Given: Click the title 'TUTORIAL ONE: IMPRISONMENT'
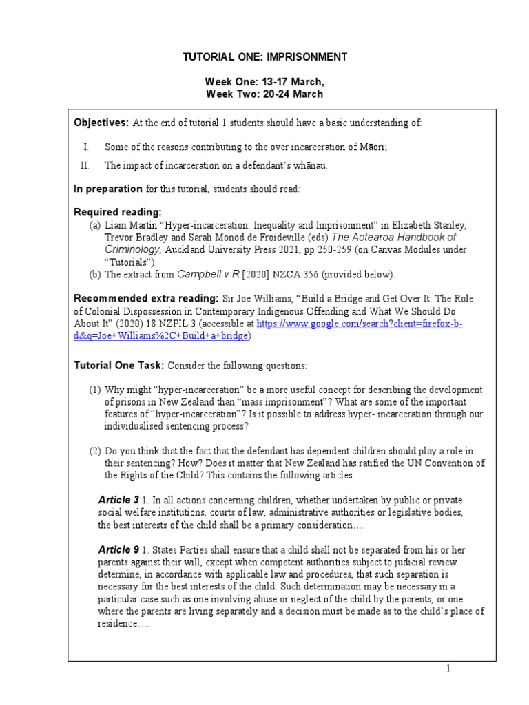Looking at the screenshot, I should [264, 56].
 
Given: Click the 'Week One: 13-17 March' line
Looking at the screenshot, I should [264, 81].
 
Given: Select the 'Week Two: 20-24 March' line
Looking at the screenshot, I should [264, 94].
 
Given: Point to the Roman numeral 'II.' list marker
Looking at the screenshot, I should [85, 165].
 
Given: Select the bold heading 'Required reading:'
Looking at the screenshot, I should [118, 212].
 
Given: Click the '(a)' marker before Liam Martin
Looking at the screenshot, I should [95, 225].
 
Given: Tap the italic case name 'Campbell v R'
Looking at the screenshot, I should [208, 274].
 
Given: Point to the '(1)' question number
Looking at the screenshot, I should [95, 390].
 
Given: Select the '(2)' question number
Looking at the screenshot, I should [95, 451].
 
